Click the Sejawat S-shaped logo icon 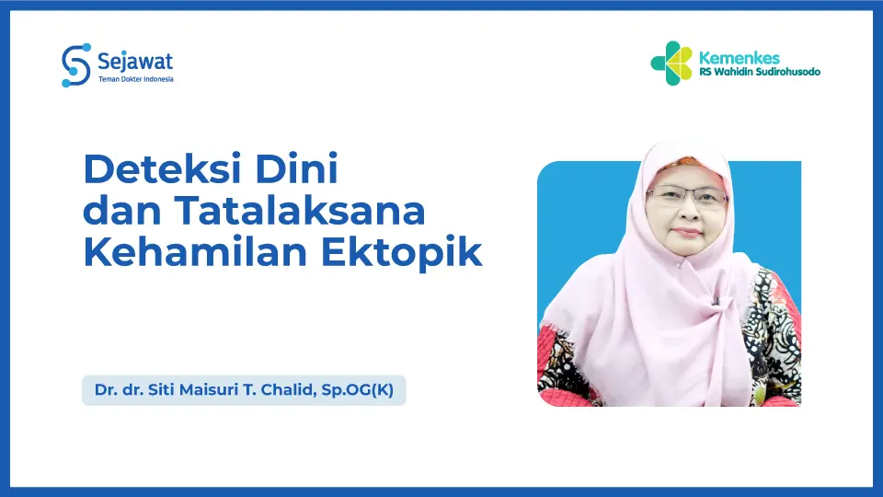pyautogui.click(x=75, y=64)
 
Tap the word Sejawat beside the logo pyautogui.click(x=135, y=61)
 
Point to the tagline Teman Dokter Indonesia pyautogui.click(x=135, y=79)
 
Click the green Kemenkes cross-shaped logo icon pyautogui.click(x=671, y=63)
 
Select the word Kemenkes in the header pyautogui.click(x=740, y=58)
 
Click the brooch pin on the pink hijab pyautogui.click(x=716, y=299)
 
